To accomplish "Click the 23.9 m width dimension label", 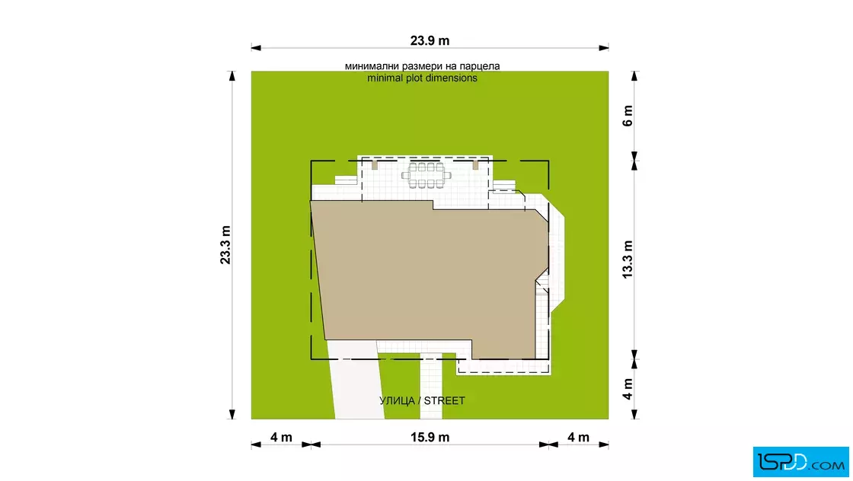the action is pyautogui.click(x=430, y=41).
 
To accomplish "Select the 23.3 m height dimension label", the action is pyautogui.click(x=225, y=245).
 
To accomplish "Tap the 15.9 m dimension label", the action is pyautogui.click(x=430, y=438).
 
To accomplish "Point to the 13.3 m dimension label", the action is pyautogui.click(x=628, y=260).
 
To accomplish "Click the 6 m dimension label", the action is pyautogui.click(x=628, y=116).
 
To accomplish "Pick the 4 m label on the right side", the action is pyautogui.click(x=628, y=389).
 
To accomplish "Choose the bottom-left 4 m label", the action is pyautogui.click(x=281, y=438).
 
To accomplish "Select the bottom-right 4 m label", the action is pyautogui.click(x=578, y=438).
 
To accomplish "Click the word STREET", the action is pyautogui.click(x=445, y=400).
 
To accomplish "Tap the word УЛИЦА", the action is pyautogui.click(x=397, y=400).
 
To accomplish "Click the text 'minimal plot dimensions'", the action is pyautogui.click(x=422, y=78).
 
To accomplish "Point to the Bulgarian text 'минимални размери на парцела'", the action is pyautogui.click(x=422, y=66).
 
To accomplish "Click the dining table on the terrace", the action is pyautogui.click(x=426, y=175).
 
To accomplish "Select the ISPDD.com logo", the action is pyautogui.click(x=800, y=462).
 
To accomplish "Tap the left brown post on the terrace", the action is pyautogui.click(x=374, y=164).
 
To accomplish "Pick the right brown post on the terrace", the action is pyautogui.click(x=475, y=164).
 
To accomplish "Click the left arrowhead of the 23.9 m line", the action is pyautogui.click(x=256, y=48).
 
